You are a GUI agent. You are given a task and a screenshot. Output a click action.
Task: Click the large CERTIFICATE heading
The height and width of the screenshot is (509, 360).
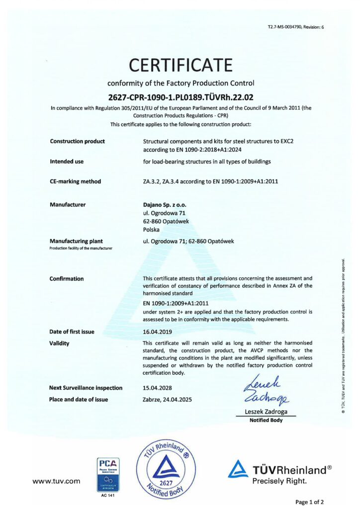(x=180, y=65)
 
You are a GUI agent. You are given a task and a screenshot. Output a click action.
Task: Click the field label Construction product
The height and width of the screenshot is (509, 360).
(x=77, y=141)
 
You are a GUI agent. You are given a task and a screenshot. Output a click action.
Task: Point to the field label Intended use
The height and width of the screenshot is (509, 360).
(x=67, y=162)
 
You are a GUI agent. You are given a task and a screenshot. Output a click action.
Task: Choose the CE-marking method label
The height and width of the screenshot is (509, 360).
(x=75, y=181)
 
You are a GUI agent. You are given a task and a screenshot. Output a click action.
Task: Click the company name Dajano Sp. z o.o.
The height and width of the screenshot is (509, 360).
(x=166, y=204)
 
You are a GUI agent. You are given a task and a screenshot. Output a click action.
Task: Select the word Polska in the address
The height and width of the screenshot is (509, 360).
(x=151, y=230)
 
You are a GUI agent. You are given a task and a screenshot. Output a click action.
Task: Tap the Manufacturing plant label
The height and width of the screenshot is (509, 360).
(x=76, y=241)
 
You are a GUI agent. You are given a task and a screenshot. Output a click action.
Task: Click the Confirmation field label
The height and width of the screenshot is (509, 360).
(x=67, y=279)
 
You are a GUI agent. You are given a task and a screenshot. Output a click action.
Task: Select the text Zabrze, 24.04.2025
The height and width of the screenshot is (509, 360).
(x=167, y=399)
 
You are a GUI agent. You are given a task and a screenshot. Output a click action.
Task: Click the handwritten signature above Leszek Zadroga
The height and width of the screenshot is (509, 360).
(x=263, y=389)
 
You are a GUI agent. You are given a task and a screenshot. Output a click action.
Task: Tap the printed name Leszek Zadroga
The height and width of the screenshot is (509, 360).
(x=266, y=412)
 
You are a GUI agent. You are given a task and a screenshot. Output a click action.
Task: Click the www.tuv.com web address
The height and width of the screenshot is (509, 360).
(x=56, y=481)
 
